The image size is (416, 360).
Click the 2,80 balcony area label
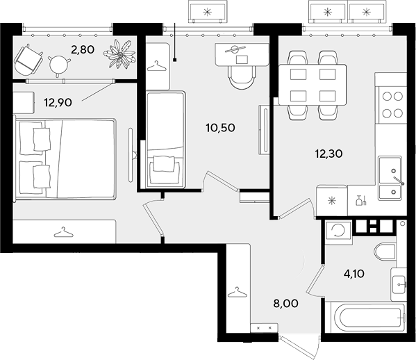click(83, 49)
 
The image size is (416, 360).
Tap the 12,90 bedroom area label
click(58, 102)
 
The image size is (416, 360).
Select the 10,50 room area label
click(220, 128)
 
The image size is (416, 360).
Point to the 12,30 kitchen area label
click(328, 154)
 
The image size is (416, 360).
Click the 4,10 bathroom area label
click(354, 273)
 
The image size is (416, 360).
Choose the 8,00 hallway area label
click(285, 303)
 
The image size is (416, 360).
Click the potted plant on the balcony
click(119, 54)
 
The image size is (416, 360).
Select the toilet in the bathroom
click(385, 251)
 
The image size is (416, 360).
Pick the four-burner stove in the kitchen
click(392, 105)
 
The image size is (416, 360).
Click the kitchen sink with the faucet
click(391, 178)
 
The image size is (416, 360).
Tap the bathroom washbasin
click(399, 284)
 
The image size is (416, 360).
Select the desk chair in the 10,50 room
click(242, 77)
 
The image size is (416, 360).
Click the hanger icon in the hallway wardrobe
click(238, 292)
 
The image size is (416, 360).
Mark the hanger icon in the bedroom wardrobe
click(63, 232)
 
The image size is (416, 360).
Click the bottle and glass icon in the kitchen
click(361, 200)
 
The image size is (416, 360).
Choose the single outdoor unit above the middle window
click(208, 12)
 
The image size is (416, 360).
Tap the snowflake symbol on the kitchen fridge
click(331, 200)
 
